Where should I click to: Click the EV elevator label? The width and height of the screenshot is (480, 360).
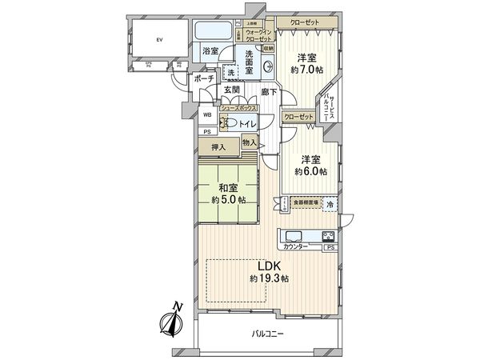coord(159,39)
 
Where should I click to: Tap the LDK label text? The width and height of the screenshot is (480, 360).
coord(268,266)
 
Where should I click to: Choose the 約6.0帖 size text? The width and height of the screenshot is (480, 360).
coord(311,171)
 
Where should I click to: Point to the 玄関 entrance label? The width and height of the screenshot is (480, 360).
coord(233,90)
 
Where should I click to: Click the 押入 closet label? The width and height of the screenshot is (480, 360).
coord(218,148)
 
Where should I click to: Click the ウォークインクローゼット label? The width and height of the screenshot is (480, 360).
coord(259,36)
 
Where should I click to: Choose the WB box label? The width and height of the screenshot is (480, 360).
coord(206,114)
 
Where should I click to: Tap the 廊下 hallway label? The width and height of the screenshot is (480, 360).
coord(269,92)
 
